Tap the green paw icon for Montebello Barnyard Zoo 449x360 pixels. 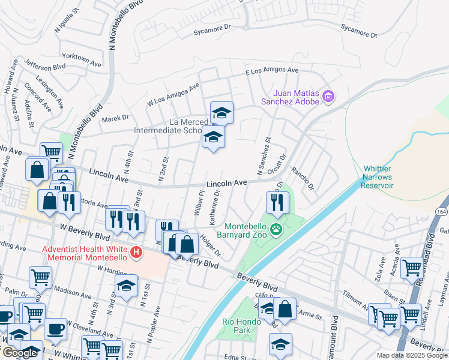pos(276,229)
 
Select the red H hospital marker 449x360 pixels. pos(137,253)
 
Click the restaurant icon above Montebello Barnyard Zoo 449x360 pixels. pos(277,202)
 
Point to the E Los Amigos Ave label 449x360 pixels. pos(271,70)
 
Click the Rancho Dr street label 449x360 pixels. pos(303,178)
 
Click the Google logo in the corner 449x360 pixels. pos(19,353)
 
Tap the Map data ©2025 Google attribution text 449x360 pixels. pos(411,355)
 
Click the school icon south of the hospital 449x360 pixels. pos(126,287)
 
